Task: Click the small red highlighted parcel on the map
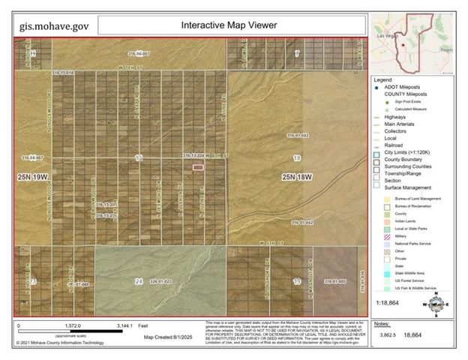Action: (x=198, y=168)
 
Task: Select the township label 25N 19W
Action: (x=35, y=177)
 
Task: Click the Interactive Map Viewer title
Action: (x=229, y=25)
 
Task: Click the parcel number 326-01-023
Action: (x=161, y=281)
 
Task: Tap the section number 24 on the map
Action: (x=138, y=281)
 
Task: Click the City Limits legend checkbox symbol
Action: (x=378, y=153)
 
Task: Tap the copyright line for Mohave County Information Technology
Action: (x=68, y=343)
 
